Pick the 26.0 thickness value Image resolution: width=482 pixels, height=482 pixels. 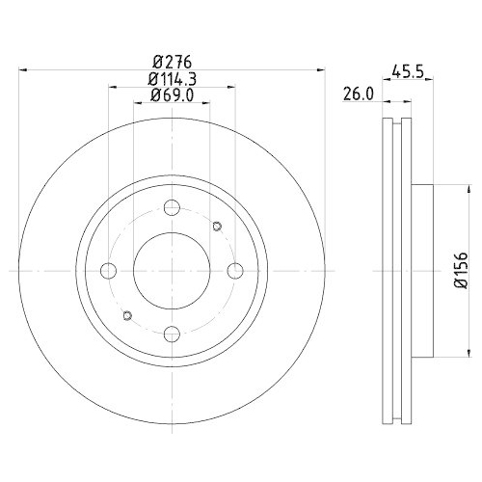point(358,94)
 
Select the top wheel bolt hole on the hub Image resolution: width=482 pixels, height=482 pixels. point(173,207)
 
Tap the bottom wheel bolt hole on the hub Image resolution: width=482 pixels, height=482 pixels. point(173,333)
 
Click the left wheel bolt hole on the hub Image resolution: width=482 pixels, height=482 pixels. point(109,270)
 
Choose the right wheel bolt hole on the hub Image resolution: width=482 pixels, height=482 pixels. point(235,270)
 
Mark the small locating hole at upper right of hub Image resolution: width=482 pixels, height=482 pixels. point(217,228)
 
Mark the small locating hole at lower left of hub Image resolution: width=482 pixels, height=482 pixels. point(127,313)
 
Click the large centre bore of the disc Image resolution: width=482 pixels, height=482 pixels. point(173,270)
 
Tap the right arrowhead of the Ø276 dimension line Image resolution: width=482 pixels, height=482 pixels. point(322,69)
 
